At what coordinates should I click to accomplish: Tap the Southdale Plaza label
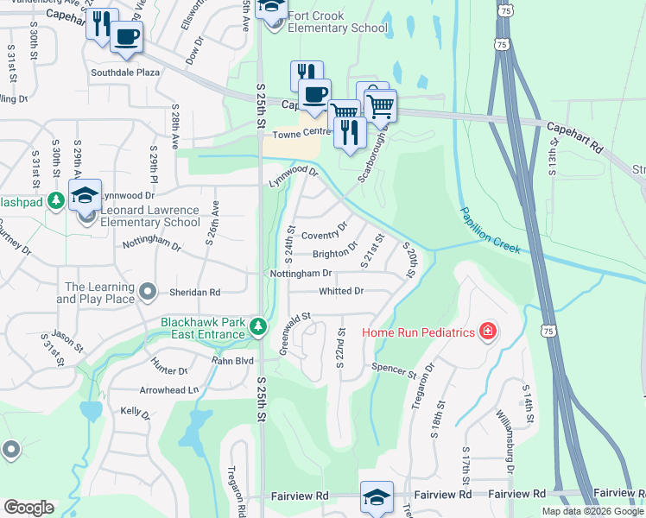129,73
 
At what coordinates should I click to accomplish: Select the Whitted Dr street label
341,291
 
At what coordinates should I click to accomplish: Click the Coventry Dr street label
324,232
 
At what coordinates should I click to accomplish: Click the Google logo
28,508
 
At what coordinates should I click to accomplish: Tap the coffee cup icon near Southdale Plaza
127,37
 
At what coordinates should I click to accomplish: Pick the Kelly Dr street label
136,413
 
